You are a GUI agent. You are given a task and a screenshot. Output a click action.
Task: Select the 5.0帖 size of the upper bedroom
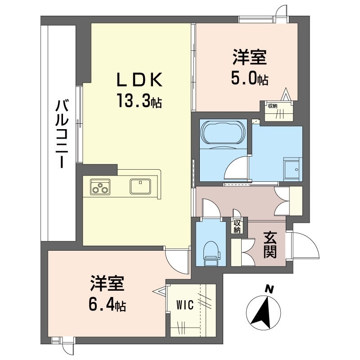pyautogui.click(x=250, y=78)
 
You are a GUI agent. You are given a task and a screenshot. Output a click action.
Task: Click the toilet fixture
pyautogui.click(x=210, y=252)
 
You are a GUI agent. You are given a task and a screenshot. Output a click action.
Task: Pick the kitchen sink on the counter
pyautogui.click(x=141, y=185)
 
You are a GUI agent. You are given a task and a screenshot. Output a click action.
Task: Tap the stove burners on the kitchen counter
pyautogui.click(x=100, y=186)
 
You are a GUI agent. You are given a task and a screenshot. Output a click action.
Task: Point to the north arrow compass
pyautogui.click(x=263, y=310)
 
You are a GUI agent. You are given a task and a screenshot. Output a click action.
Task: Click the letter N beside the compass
pyautogui.click(x=269, y=289)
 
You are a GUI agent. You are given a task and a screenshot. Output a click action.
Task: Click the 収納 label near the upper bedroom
pyautogui.click(x=273, y=106)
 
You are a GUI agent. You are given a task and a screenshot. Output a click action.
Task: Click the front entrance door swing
pyautogui.click(x=307, y=245)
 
